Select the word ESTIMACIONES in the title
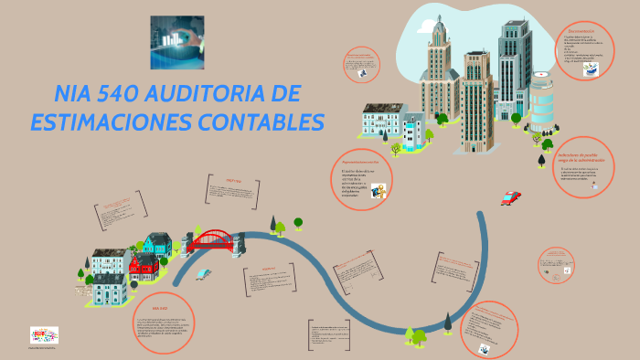107,122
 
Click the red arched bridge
211,240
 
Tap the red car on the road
510,196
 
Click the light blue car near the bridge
204,273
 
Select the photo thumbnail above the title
177,42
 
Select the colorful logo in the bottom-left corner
43,335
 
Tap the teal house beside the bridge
157,244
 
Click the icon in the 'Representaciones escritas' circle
378,190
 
